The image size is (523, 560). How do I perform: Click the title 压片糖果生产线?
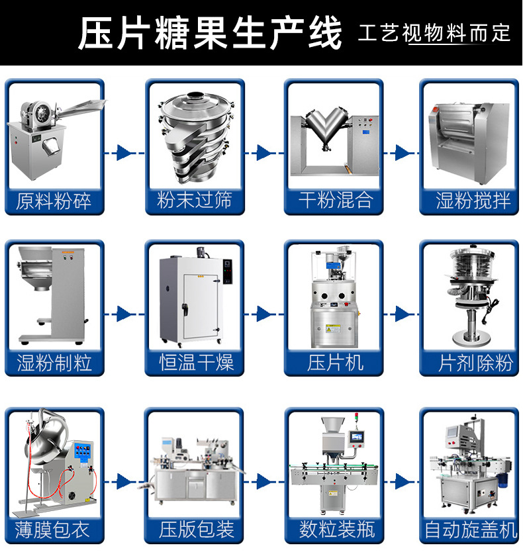[x=211, y=33]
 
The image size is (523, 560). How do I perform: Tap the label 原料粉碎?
[x=54, y=201]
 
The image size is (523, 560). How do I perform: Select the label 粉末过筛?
[x=195, y=201]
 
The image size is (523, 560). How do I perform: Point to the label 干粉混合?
[x=335, y=201]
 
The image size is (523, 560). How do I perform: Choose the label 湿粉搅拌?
[x=474, y=201]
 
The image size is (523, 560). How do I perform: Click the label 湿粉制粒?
[x=54, y=362]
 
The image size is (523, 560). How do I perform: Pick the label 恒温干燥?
[x=195, y=362]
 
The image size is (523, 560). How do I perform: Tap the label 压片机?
[x=335, y=362]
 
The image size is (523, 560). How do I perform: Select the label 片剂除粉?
[x=474, y=362]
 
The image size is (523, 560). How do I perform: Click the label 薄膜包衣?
[x=54, y=529]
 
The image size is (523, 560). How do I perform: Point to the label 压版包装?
[x=195, y=529]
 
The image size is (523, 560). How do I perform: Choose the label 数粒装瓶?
[x=335, y=529]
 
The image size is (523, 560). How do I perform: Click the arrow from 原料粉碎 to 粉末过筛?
[x=124, y=153]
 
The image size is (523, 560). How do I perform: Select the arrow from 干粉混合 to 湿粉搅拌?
[x=403, y=153]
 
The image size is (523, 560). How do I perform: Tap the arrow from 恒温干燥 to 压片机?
[x=263, y=314]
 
